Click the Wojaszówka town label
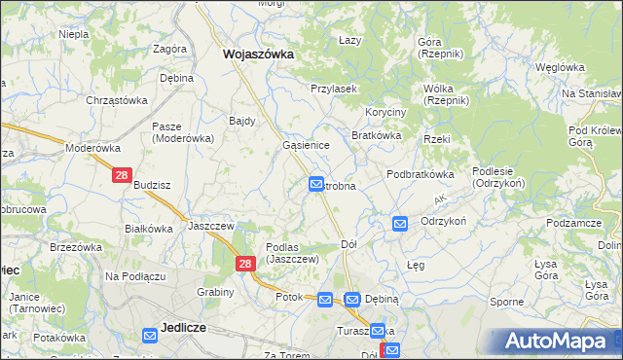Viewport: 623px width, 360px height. (258, 54)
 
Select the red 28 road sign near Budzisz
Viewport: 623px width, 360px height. (122, 175)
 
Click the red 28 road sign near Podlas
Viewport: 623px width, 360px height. (245, 264)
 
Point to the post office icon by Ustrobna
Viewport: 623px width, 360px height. (316, 184)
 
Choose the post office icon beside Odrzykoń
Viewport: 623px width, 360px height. (399, 224)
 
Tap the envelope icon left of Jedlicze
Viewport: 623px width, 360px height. (150, 336)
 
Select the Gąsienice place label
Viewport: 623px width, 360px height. (306, 145)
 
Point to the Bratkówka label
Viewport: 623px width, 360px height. (377, 135)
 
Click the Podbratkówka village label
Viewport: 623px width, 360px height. (421, 174)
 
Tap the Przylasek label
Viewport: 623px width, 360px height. (334, 88)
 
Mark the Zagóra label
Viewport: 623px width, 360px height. (169, 49)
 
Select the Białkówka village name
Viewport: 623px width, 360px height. (149, 229)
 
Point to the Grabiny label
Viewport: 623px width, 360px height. (215, 292)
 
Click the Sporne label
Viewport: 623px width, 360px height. (506, 302)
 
